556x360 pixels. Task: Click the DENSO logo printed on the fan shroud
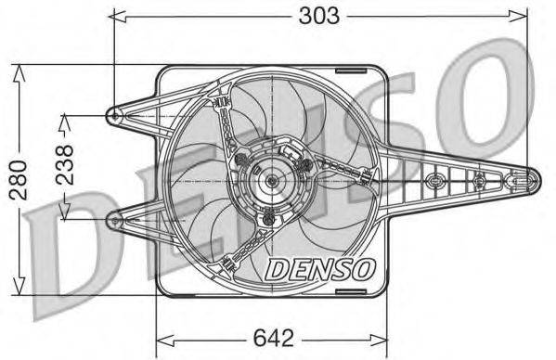point(320,268)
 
